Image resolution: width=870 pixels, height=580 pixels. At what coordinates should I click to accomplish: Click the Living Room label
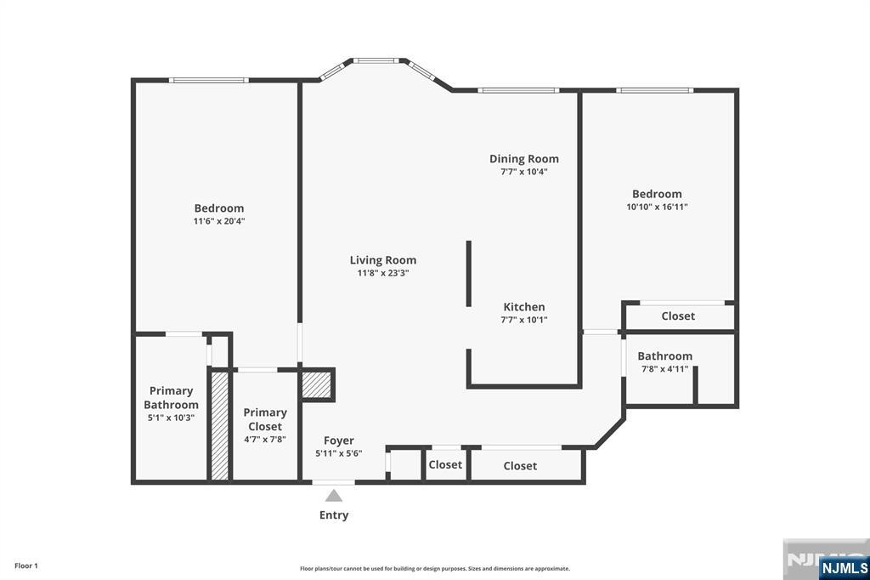coord(383,260)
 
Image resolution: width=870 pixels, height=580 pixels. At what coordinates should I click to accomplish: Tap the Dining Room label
coord(523,159)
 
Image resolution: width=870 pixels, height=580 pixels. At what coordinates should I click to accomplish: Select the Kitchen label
coord(523,307)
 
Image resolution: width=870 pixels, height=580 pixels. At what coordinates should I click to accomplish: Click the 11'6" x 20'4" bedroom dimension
coord(219,221)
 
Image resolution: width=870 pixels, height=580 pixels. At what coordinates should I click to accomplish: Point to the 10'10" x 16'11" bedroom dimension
coord(657,207)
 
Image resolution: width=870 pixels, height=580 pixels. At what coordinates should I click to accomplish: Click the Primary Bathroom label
coord(171,398)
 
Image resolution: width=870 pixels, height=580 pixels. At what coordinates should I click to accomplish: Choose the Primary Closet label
coord(265,419)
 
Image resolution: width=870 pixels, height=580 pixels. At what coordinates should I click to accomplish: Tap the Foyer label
coord(338,441)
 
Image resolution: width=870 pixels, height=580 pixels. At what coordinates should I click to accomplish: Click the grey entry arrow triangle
coord(333,496)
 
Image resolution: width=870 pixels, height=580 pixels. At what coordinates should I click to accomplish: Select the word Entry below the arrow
coord(333,515)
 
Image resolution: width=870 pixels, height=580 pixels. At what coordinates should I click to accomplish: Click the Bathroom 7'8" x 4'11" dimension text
coord(664,369)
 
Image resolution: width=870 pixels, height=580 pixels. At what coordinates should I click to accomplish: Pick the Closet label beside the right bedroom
coord(678,316)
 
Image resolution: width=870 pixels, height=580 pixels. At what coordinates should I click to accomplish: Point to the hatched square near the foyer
coord(316,384)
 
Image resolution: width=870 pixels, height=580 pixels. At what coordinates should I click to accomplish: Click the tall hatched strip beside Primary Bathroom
coord(220,425)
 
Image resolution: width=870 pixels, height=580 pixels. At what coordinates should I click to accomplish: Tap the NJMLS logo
coord(843,567)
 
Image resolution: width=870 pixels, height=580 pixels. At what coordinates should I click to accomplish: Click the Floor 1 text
coord(26,566)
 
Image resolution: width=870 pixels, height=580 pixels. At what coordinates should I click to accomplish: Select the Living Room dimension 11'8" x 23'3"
coord(383,273)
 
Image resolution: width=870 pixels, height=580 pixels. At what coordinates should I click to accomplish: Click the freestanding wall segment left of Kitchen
coord(469,273)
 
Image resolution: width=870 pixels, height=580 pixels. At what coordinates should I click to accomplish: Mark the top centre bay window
coord(376,60)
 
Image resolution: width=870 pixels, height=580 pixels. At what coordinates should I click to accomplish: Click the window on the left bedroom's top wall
coord(209,81)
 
